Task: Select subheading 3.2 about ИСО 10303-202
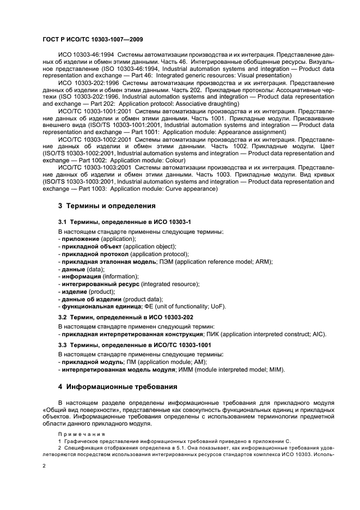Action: pos(126,317)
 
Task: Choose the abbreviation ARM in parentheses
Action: pos(264,262)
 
